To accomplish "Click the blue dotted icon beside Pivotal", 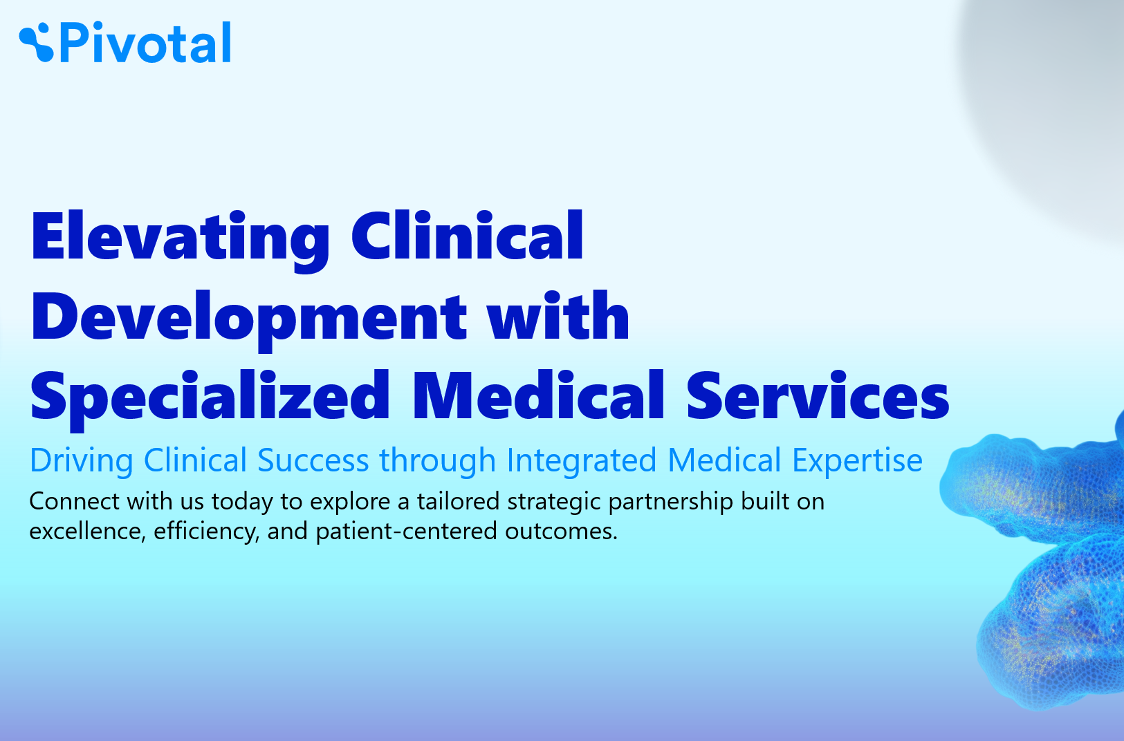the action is [36, 43].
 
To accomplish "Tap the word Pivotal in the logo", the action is [145, 43].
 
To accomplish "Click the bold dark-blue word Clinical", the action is [467, 235].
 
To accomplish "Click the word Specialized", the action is [210, 400].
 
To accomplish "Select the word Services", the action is [818, 395].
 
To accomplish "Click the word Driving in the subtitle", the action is [82, 461].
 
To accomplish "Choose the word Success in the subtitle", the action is [313, 460].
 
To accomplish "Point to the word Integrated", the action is [582, 461].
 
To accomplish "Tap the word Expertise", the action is [858, 461].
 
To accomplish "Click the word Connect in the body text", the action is [74, 501].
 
